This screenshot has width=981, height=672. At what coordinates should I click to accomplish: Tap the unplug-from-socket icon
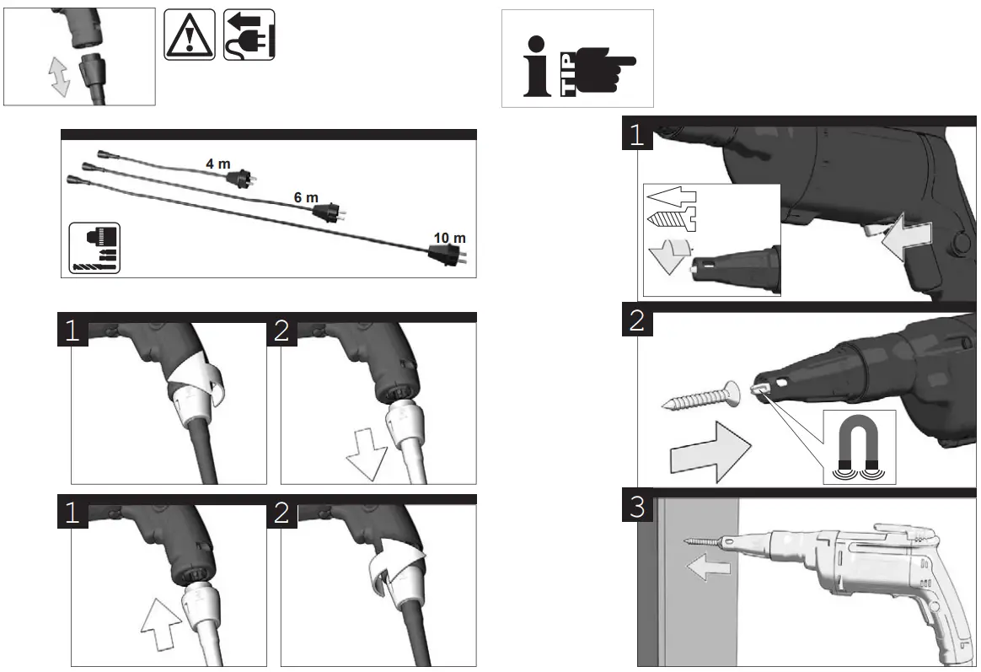[x=249, y=35]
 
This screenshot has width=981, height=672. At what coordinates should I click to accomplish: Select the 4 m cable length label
[x=218, y=164]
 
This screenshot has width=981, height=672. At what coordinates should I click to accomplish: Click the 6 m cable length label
[x=306, y=197]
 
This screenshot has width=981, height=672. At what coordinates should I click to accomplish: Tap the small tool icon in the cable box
[x=95, y=247]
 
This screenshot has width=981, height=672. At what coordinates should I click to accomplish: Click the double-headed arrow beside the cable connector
[x=58, y=78]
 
